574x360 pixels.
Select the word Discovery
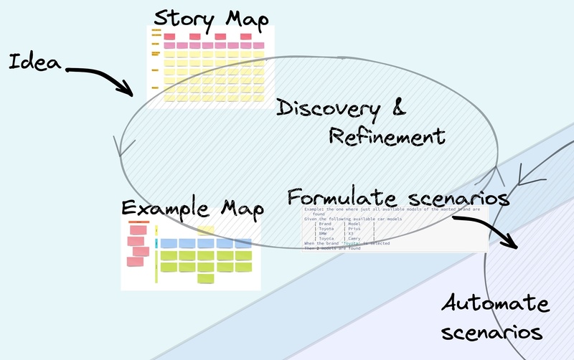pyautogui.click(x=329, y=109)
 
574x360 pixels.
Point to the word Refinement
pyautogui.click(x=387, y=136)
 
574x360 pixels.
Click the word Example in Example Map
pyautogui.click(x=161, y=209)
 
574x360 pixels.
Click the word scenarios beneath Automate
pyautogui.click(x=491, y=332)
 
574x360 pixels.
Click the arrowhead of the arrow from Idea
pyautogui.click(x=130, y=93)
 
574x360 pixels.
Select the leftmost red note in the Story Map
pyautogui.click(x=170, y=36)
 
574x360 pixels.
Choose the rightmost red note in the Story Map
pyautogui.click(x=246, y=36)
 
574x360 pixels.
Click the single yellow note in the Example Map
pyautogui.click(x=206, y=230)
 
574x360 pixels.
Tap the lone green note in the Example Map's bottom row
pyautogui.click(x=206, y=278)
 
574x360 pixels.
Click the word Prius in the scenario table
pyautogui.click(x=356, y=228)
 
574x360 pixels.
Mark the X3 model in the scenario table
pyautogui.click(x=351, y=233)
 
